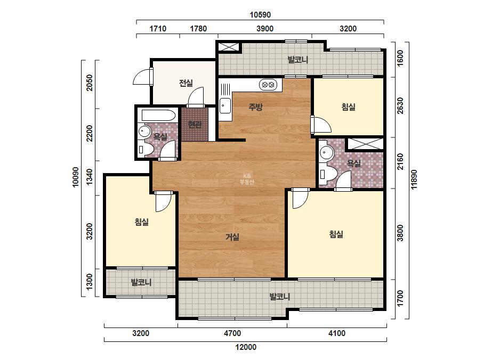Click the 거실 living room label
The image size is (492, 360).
[x=232, y=237]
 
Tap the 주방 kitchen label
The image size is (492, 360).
[x=255, y=107]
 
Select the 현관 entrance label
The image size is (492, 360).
[x=195, y=125]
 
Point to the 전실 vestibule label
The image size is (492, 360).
[x=185, y=83]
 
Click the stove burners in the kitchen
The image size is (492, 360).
[x=268, y=85]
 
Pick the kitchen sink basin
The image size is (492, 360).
[x=225, y=105]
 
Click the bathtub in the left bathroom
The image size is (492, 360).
[x=158, y=116]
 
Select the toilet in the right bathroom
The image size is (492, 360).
[x=327, y=174]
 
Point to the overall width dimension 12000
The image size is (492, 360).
[x=246, y=347]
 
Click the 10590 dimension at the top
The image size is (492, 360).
[x=260, y=15]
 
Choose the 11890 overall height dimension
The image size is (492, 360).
[x=414, y=179]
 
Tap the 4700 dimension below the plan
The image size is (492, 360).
[x=232, y=333]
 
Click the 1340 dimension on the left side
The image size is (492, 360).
[x=90, y=177]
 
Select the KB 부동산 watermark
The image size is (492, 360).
[x=247, y=179]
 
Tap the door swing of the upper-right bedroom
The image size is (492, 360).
[x=322, y=125]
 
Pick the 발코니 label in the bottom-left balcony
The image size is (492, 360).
[x=141, y=282]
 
